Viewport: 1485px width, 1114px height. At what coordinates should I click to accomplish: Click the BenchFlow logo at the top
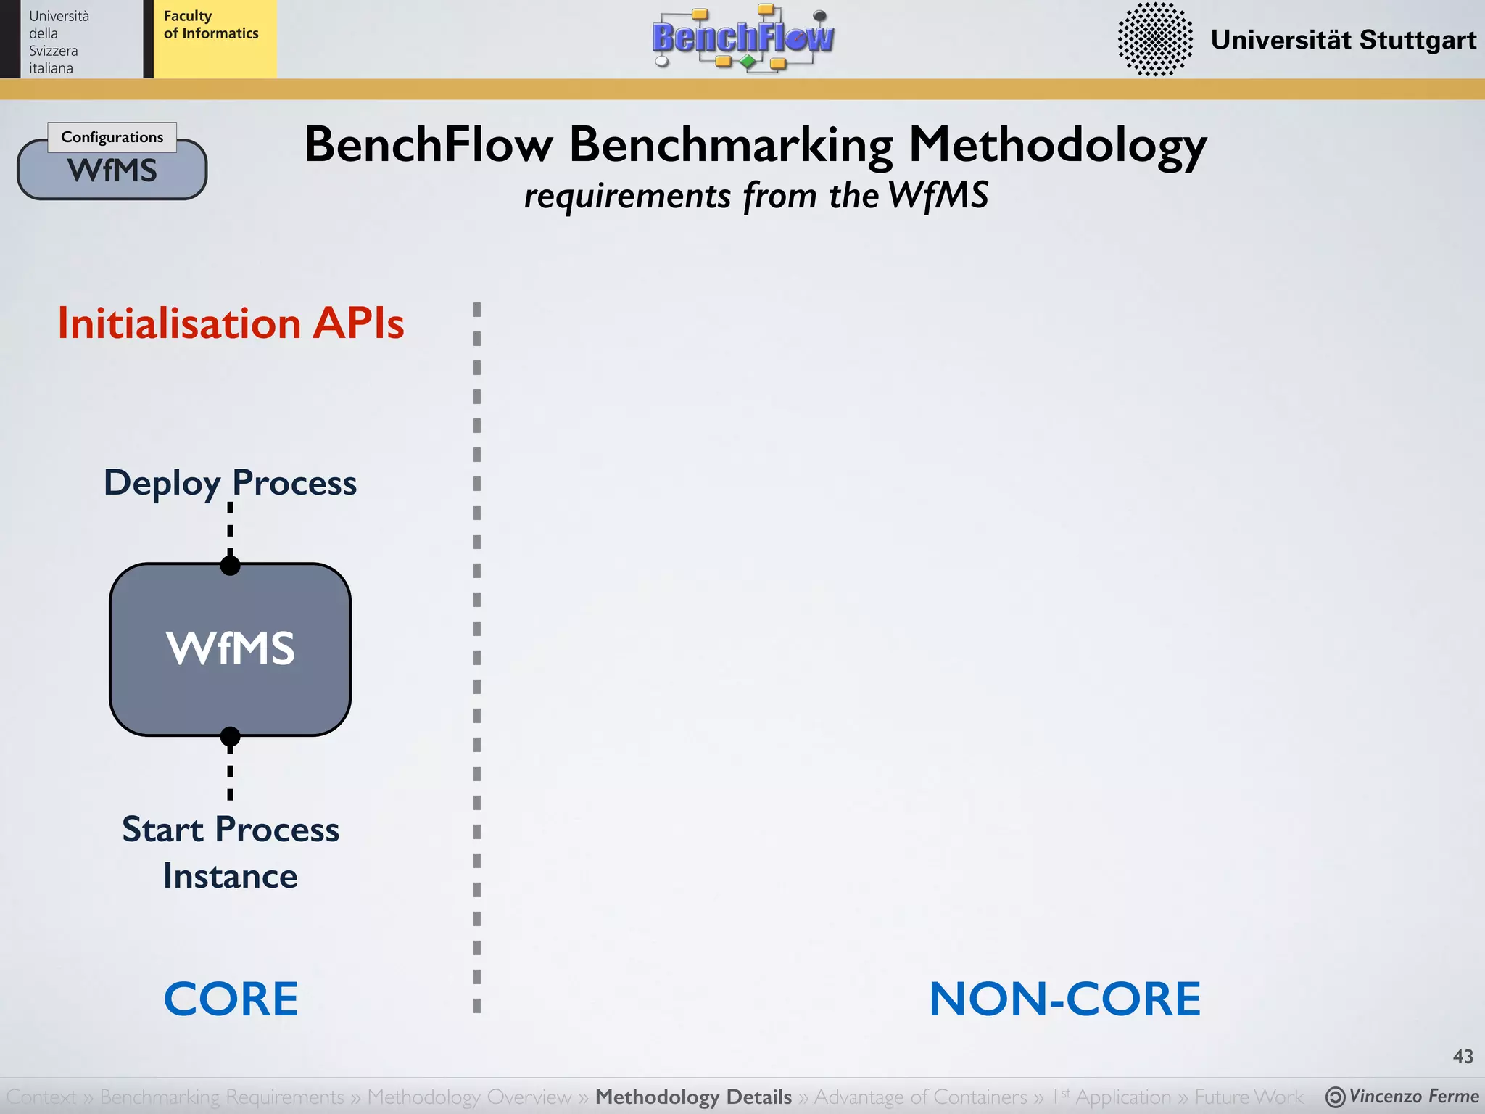click(x=743, y=38)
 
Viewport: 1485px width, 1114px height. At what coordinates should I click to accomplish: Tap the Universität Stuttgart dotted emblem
click(x=1154, y=39)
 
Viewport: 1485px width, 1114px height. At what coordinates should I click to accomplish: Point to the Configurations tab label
click(x=112, y=137)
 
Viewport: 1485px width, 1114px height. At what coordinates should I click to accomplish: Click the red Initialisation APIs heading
click(x=231, y=323)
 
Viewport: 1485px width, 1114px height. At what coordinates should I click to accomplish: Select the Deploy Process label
click(x=231, y=483)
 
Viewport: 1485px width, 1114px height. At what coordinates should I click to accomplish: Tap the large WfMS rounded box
click(x=231, y=649)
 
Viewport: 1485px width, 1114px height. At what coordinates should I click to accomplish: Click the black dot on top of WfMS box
click(x=231, y=565)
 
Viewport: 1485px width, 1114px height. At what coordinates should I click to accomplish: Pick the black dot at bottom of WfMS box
click(x=231, y=737)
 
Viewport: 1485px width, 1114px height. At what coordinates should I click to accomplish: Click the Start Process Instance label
click(x=231, y=852)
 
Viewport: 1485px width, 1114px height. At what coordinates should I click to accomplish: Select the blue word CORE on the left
click(x=231, y=999)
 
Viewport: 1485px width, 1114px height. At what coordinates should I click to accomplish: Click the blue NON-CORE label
click(x=1064, y=999)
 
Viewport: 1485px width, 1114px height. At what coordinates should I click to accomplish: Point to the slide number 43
click(x=1463, y=1057)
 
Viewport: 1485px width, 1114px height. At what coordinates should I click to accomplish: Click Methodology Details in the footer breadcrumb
click(x=693, y=1097)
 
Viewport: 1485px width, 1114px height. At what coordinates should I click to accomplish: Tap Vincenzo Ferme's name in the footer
click(x=1412, y=1097)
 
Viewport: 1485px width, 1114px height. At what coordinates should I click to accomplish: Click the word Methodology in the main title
click(x=1057, y=145)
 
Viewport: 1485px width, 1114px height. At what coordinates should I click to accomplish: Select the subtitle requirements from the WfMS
click(x=756, y=196)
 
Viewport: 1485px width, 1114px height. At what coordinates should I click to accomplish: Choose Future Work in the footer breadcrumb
click(x=1248, y=1097)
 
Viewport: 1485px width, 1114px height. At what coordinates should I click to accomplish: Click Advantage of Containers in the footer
click(x=920, y=1097)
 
